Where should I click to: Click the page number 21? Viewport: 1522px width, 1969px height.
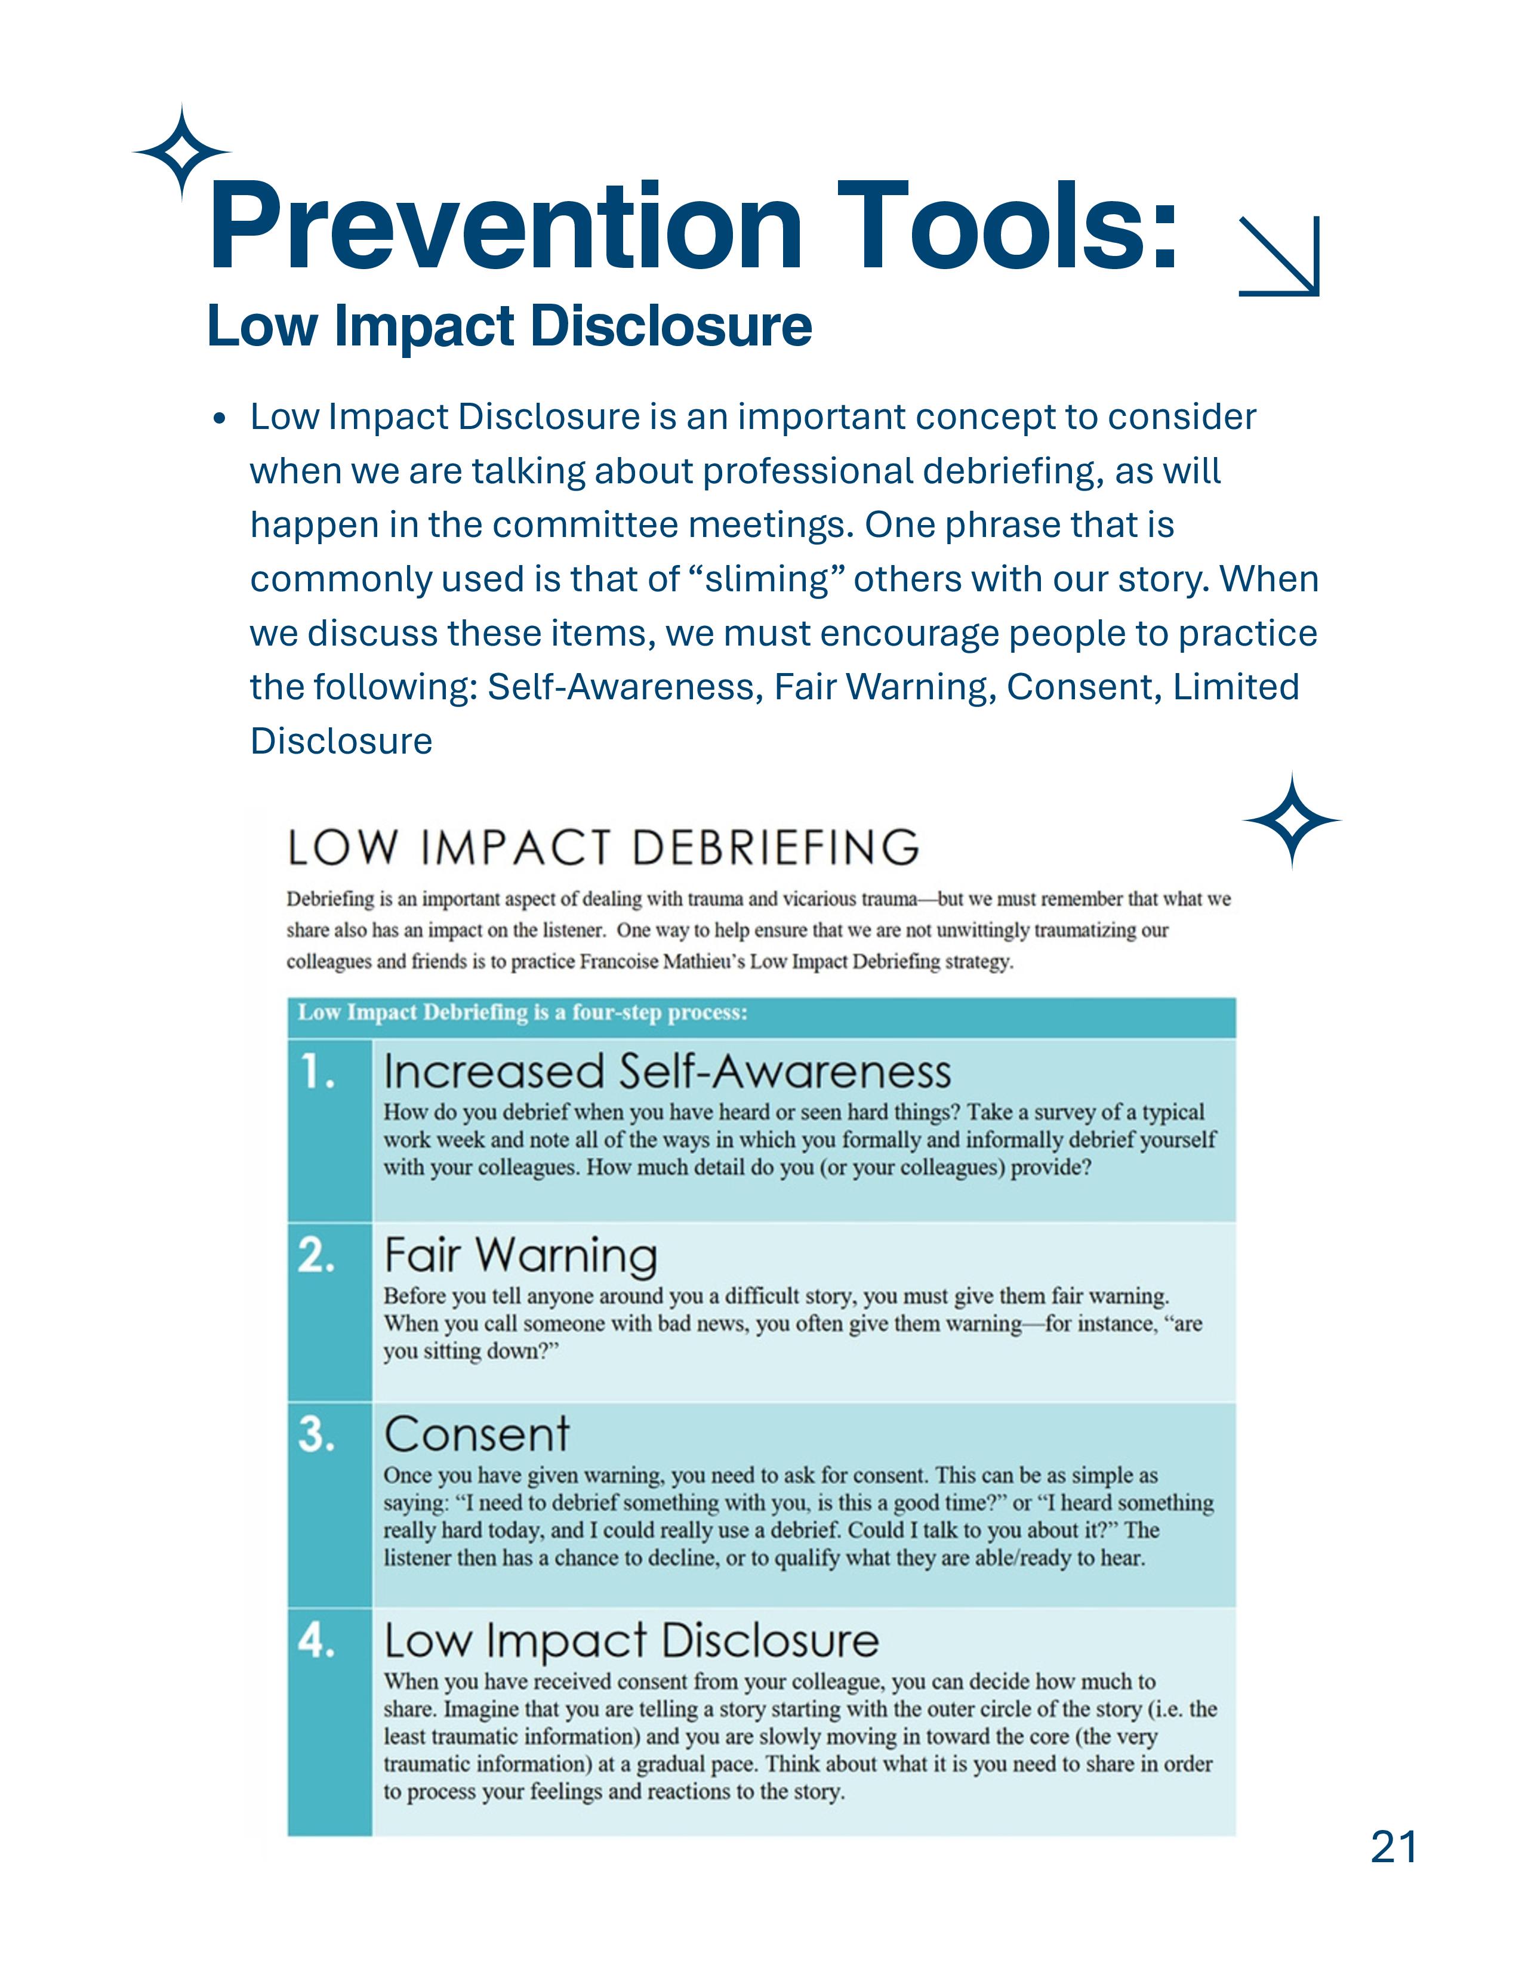click(1393, 1847)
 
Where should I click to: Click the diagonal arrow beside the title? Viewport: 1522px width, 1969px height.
click(1280, 256)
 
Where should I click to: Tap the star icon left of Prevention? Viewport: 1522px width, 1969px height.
click(182, 152)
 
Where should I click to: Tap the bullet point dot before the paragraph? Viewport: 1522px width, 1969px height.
click(219, 419)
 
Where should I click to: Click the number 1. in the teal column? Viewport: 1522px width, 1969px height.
click(318, 1073)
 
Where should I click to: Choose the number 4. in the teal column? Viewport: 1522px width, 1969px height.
click(318, 1641)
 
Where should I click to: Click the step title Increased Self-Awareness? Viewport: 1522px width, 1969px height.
click(667, 1072)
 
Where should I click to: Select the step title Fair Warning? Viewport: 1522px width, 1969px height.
click(520, 1255)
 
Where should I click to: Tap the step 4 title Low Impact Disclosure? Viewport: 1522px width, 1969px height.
click(631, 1641)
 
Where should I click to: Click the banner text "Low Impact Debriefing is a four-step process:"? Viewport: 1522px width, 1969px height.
click(522, 1013)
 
